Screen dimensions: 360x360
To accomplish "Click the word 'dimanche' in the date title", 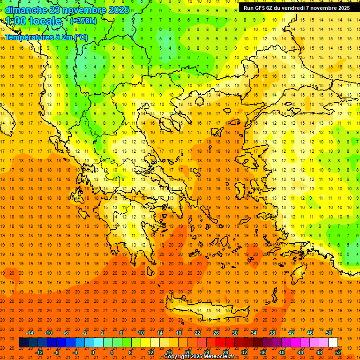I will (26, 10).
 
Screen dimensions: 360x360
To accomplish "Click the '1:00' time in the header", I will (15, 21).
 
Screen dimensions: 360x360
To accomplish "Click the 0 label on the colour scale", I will (93, 352).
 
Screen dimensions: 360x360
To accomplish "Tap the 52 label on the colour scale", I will (338, 352).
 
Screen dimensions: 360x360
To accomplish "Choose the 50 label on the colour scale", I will (329, 333).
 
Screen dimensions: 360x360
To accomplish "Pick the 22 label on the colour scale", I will (197, 333).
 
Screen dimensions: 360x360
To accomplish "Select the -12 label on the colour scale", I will (39, 352).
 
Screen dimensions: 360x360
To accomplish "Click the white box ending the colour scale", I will (333, 342).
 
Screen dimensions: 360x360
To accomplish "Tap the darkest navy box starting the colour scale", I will (23, 342).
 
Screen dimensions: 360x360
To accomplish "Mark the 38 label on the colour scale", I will (272, 333).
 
